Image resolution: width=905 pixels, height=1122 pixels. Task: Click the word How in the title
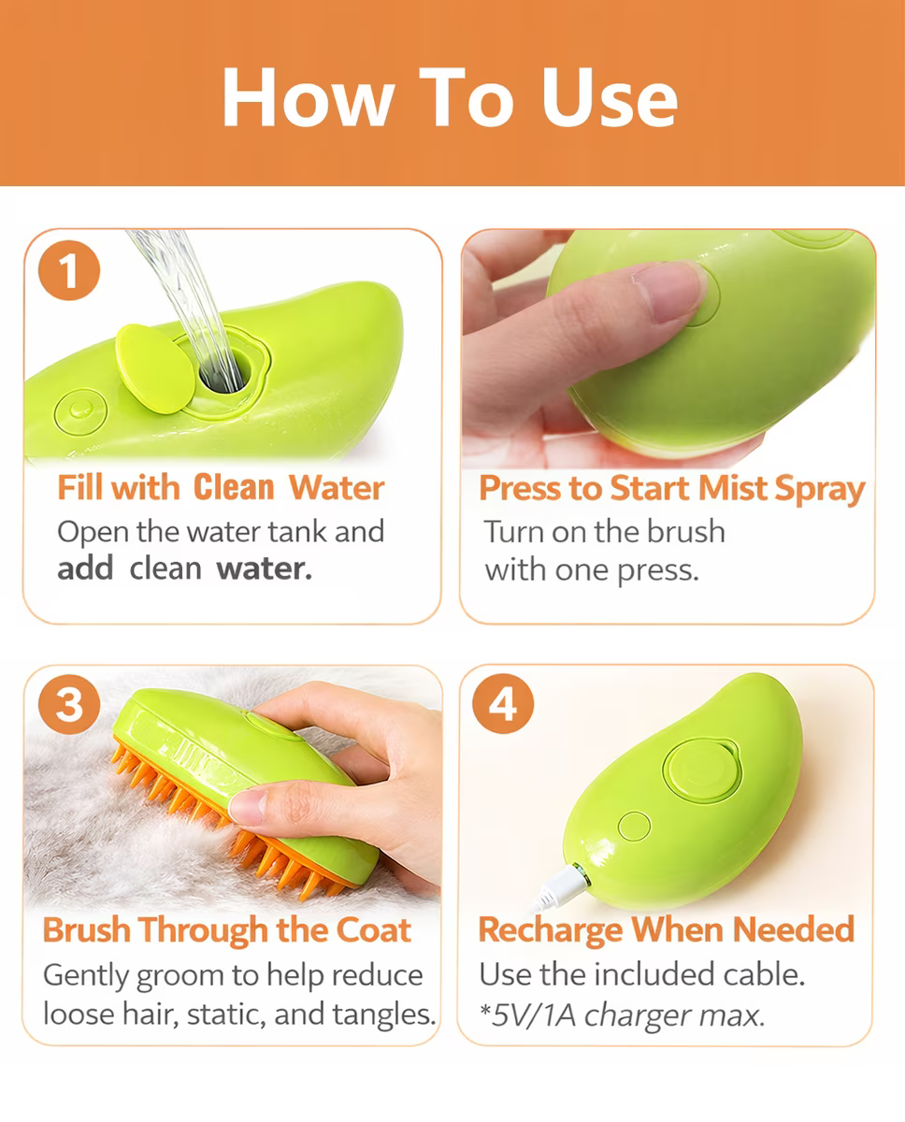point(309,97)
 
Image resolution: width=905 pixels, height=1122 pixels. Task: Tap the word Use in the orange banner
point(610,97)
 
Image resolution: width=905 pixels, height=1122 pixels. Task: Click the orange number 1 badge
point(69,270)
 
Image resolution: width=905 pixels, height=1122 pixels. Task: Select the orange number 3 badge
point(69,704)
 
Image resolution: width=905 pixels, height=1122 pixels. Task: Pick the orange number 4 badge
point(503,703)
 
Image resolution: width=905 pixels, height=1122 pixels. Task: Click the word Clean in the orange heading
point(234,488)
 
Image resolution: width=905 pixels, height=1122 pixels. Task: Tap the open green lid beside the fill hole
point(155,368)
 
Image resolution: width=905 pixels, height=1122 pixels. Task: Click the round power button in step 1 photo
point(80,412)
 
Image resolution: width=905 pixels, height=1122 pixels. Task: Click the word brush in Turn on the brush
point(685,532)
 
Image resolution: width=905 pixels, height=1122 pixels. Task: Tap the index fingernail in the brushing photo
point(248,807)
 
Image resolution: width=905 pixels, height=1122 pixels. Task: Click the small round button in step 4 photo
point(634,826)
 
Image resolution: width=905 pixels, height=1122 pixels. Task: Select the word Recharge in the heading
point(551,930)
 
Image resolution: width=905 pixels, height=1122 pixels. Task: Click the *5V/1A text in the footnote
point(527,1014)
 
